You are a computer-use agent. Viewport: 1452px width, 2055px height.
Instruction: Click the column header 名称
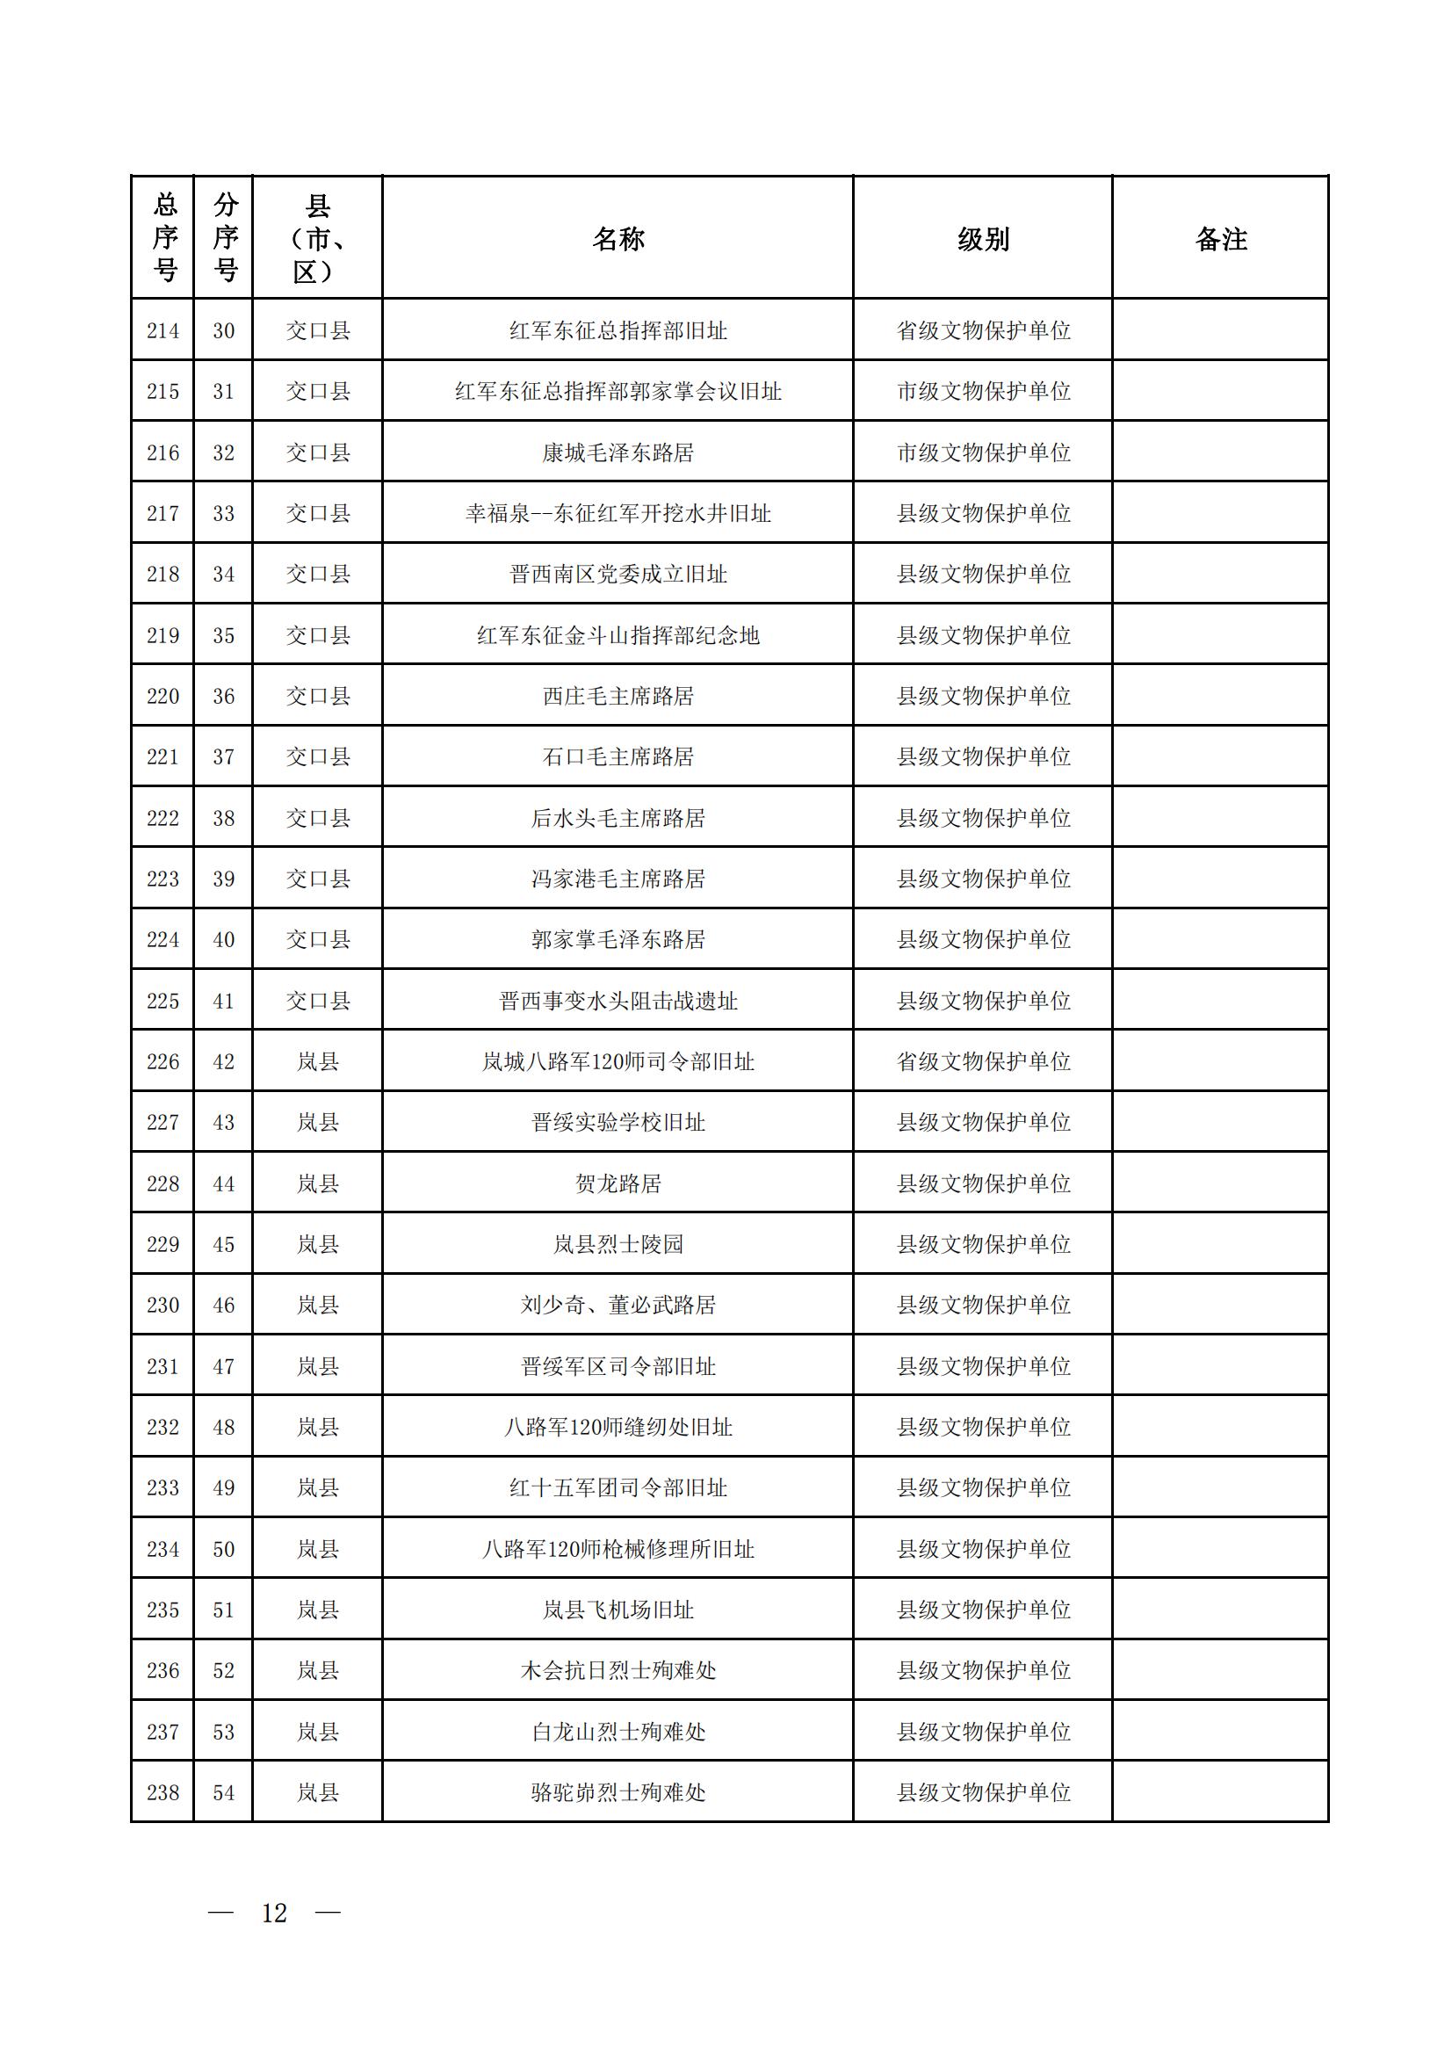click(618, 239)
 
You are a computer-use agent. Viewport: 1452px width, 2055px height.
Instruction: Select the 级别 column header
click(982, 239)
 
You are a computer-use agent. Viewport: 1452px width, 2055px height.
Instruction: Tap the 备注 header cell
click(1220, 239)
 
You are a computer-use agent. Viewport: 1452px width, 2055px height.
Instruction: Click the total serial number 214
click(163, 331)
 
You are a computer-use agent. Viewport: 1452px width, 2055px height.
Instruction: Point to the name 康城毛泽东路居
click(618, 452)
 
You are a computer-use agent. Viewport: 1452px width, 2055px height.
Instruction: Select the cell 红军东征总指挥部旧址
click(618, 331)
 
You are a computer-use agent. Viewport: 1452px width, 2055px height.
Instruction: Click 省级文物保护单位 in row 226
click(983, 1061)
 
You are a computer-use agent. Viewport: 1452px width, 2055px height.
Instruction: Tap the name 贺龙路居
click(618, 1184)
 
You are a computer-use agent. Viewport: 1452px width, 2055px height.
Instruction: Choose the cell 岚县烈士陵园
click(618, 1244)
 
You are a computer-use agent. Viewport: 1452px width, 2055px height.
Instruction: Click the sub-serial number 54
click(224, 1793)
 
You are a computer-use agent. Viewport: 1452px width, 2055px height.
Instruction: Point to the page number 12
click(274, 1914)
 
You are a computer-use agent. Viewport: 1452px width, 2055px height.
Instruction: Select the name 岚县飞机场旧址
click(618, 1610)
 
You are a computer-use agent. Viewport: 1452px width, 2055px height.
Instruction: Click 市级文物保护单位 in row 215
click(983, 392)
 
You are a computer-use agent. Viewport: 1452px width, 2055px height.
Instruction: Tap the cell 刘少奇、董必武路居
click(618, 1305)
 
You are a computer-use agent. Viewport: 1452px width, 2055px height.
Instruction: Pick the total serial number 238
click(163, 1793)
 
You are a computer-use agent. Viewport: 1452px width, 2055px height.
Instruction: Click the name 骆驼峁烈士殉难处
click(618, 1793)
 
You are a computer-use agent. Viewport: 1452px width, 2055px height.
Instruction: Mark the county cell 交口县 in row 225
click(318, 1001)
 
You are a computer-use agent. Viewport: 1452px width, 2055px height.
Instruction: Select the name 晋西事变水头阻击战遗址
click(618, 1001)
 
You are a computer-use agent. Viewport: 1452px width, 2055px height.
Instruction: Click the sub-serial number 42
click(224, 1061)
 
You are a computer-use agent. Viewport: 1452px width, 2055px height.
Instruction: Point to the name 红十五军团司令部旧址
click(618, 1487)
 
